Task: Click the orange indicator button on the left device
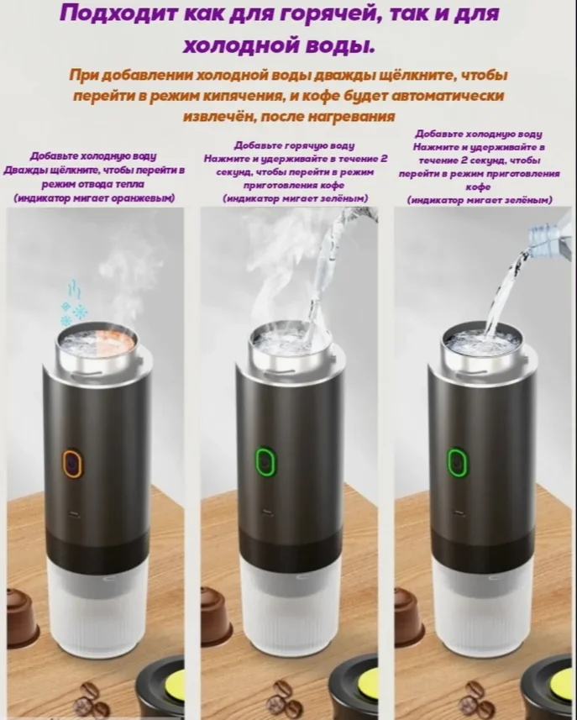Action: (x=72, y=463)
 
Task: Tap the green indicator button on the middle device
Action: (x=265, y=463)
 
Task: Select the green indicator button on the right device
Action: (x=457, y=463)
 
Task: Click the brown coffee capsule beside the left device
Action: (x=22, y=613)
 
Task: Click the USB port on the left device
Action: (x=74, y=514)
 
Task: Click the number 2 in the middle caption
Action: (x=384, y=159)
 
